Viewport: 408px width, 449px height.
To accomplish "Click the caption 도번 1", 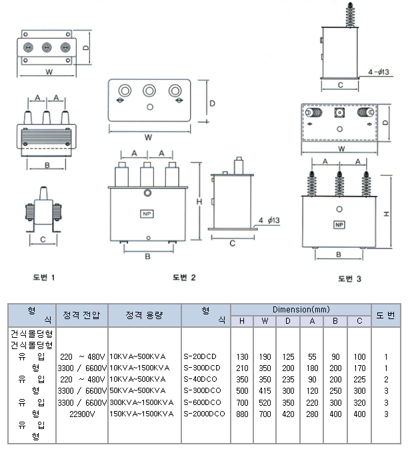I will (44, 276).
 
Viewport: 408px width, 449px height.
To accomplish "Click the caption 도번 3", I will (349, 278).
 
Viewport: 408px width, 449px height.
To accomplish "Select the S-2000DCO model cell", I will (203, 414).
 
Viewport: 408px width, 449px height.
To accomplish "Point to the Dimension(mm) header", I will (301, 310).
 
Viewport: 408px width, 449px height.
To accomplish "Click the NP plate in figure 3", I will (339, 225).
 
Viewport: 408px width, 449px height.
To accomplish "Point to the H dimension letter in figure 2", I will (199, 202).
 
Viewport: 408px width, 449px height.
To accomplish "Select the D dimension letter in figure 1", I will (86, 49).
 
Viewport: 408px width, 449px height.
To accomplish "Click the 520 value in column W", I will (265, 402).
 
